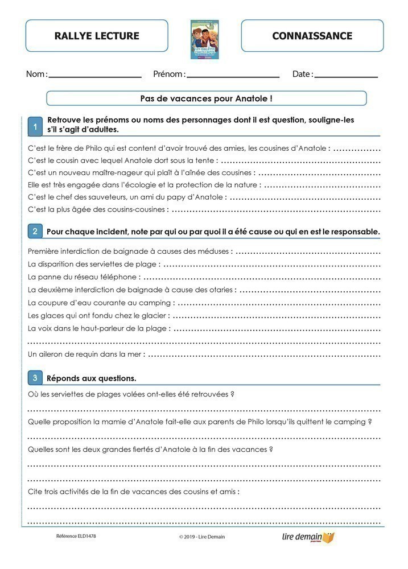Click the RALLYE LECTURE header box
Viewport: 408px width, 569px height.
tap(97, 36)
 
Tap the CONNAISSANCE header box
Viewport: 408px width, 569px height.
tap(312, 36)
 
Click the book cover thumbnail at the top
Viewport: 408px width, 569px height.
tap(204, 39)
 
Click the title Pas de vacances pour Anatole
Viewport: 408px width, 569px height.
tap(206, 98)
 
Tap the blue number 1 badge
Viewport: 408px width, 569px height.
tap(35, 127)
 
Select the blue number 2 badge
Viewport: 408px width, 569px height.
tap(35, 231)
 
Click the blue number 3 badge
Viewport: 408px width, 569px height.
tap(35, 377)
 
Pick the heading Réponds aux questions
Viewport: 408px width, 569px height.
tap(91, 378)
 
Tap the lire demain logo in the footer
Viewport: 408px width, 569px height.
tap(308, 537)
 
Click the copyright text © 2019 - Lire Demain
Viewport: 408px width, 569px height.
tap(201, 537)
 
